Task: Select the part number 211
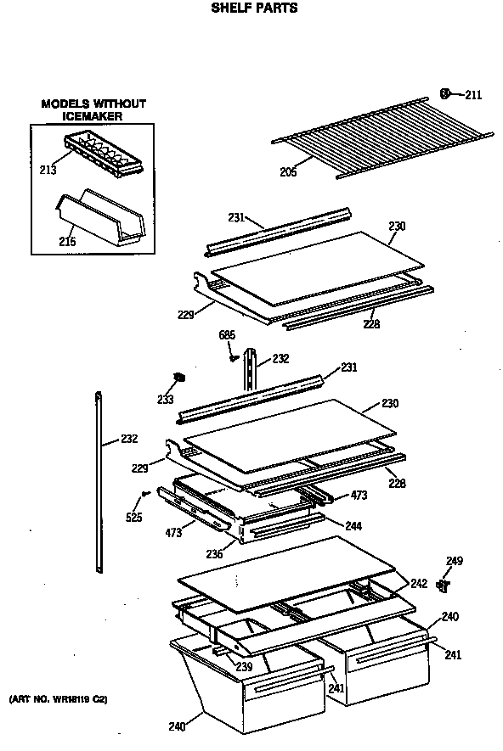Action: click(472, 95)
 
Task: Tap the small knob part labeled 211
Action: click(445, 92)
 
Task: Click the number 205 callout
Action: click(289, 172)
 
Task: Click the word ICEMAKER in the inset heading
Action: click(93, 115)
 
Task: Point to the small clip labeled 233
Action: click(179, 377)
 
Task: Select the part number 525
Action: click(133, 517)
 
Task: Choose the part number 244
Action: click(353, 526)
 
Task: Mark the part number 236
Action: click(214, 554)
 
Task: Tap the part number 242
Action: click(419, 584)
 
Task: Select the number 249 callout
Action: click(455, 561)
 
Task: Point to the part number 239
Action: click(244, 667)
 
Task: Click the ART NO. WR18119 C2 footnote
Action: click(58, 699)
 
